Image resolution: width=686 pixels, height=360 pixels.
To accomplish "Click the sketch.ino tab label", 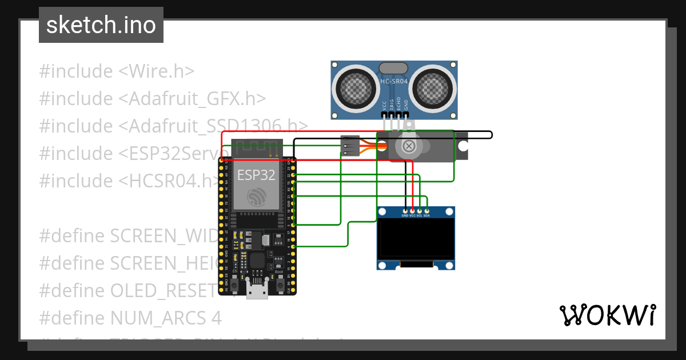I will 101,25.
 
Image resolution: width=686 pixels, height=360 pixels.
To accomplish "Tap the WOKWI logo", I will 607,315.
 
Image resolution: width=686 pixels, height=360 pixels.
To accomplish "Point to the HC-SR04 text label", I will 394,82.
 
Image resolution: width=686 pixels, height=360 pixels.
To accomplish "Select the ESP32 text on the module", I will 257,175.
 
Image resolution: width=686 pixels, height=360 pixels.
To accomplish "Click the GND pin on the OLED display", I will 405,211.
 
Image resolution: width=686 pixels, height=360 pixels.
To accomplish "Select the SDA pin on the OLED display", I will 426,211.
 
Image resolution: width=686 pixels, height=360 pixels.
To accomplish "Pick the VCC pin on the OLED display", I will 412,211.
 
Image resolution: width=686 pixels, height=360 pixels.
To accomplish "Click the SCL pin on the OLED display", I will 420,211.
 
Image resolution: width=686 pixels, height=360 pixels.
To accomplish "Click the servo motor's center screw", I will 409,147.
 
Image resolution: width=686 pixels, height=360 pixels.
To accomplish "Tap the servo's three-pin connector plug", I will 349,146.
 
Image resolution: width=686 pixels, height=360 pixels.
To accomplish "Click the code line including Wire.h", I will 117,71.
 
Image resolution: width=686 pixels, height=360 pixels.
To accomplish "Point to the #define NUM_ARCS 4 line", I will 130,317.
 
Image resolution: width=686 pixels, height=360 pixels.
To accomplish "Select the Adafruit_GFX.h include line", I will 153,99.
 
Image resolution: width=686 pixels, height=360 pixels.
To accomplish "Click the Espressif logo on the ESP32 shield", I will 257,198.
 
